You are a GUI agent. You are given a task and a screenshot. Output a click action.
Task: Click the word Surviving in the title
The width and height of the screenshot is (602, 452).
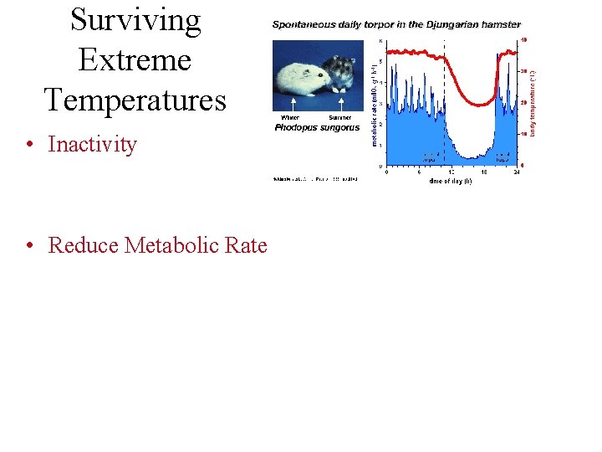click(x=135, y=21)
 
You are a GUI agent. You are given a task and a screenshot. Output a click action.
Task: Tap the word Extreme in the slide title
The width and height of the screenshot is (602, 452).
click(x=135, y=60)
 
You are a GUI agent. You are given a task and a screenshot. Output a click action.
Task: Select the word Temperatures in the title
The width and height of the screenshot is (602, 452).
click(x=135, y=100)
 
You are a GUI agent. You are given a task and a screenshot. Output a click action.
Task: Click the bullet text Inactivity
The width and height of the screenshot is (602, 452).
click(x=92, y=144)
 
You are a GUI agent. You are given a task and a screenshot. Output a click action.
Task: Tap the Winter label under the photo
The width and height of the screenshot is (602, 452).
click(x=290, y=118)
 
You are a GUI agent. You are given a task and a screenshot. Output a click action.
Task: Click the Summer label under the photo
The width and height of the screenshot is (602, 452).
click(x=339, y=118)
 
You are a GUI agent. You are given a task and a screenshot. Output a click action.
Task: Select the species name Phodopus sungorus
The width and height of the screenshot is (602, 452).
click(x=316, y=128)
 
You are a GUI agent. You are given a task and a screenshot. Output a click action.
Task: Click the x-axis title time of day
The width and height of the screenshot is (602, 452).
click(x=450, y=181)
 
